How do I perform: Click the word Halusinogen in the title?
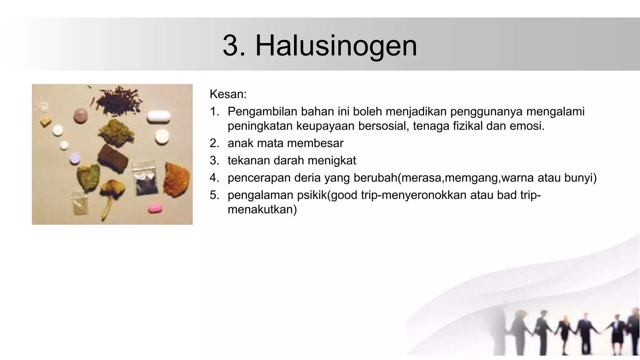[x=336, y=46]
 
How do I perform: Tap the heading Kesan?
[x=228, y=94]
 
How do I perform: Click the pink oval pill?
[x=155, y=208]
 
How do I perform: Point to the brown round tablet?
[x=81, y=115]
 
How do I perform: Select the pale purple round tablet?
[x=75, y=158]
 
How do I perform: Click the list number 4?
[x=214, y=178]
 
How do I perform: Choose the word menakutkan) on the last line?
[x=262, y=209]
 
